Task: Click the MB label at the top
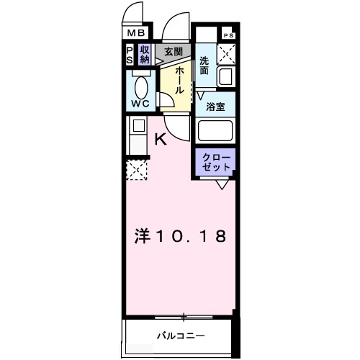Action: pyautogui.click(x=136, y=33)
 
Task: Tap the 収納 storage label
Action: pyautogui.click(x=145, y=55)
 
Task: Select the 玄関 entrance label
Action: pyautogui.click(x=173, y=52)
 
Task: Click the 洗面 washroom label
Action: pyautogui.click(x=205, y=66)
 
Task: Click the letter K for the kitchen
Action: pyautogui.click(x=161, y=140)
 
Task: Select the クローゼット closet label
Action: pyautogui.click(x=215, y=162)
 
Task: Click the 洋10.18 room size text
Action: pyautogui.click(x=182, y=235)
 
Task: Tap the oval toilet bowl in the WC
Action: pyautogui.click(x=140, y=86)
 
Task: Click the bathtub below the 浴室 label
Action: pyautogui.click(x=217, y=132)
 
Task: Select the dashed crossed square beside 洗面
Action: pyautogui.click(x=228, y=53)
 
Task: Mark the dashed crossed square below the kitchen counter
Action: pyautogui.click(x=136, y=171)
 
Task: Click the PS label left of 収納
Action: pyautogui.click(x=130, y=55)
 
